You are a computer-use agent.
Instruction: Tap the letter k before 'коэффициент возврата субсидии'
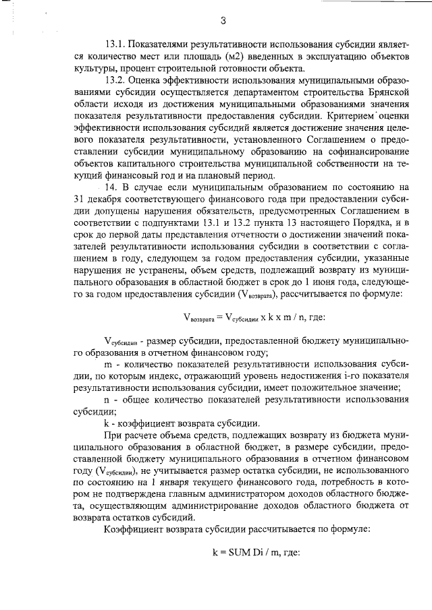[x=107, y=424]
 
